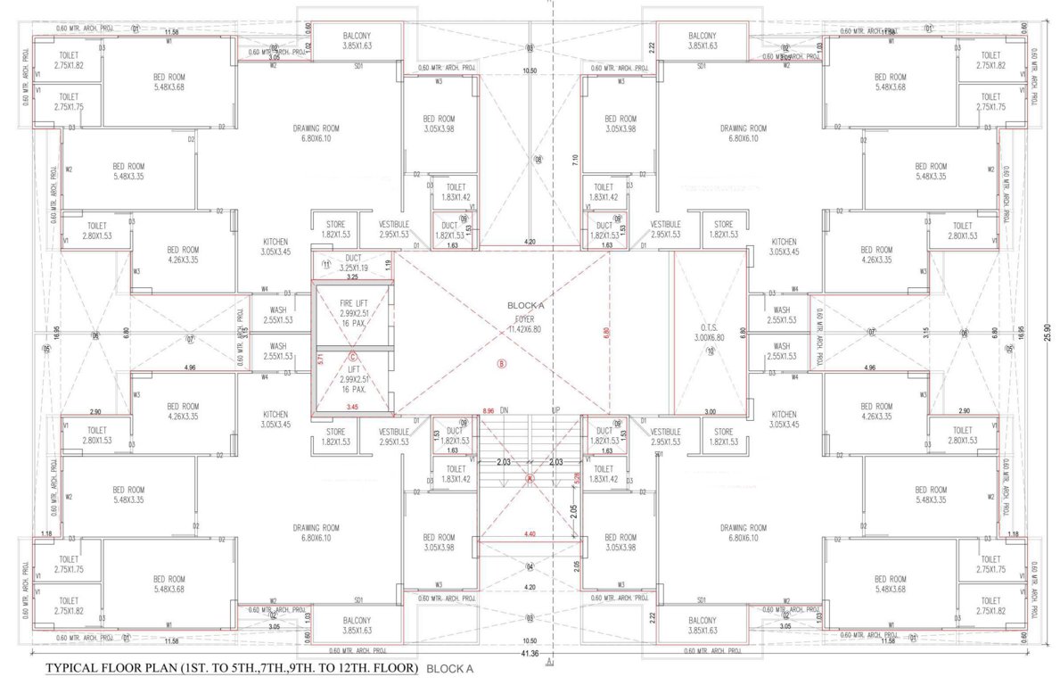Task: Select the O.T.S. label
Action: (x=711, y=326)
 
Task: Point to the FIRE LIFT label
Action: (x=354, y=303)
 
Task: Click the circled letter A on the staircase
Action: (x=530, y=479)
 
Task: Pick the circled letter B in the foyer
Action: (x=501, y=364)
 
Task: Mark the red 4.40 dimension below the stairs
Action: (x=531, y=534)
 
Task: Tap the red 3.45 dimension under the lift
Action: (x=354, y=408)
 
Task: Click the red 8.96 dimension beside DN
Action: (x=488, y=411)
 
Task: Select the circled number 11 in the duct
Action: (x=326, y=266)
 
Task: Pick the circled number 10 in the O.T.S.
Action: (x=711, y=351)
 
